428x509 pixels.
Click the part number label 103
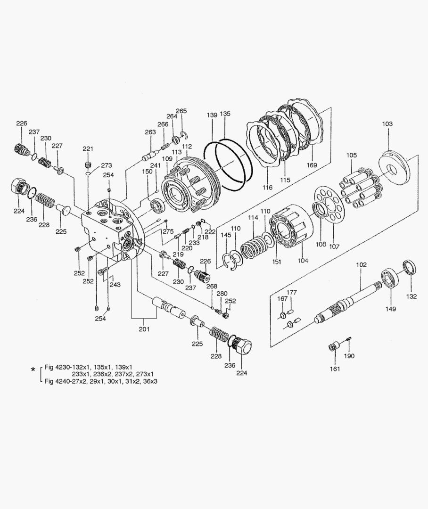coord(387,124)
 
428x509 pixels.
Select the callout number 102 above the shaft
coord(361,265)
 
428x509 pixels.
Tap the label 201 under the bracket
coord(144,329)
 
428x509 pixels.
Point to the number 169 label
coord(311,165)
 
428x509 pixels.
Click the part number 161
coord(335,369)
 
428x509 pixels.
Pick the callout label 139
coord(212,115)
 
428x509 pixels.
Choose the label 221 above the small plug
coord(88,149)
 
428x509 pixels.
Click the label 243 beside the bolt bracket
coord(115,285)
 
